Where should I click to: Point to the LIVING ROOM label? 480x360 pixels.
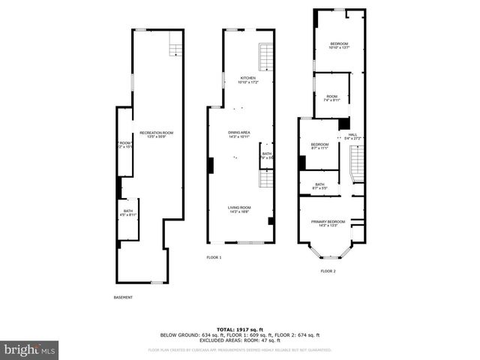coord(240,209)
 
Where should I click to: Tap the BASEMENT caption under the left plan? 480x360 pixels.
coord(123,298)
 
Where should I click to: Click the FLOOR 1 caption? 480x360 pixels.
coord(214,257)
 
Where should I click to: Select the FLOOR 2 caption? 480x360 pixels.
coord(328,271)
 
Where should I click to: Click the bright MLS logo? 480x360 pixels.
coord(30,349)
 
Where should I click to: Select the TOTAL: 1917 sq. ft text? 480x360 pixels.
coord(239,330)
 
